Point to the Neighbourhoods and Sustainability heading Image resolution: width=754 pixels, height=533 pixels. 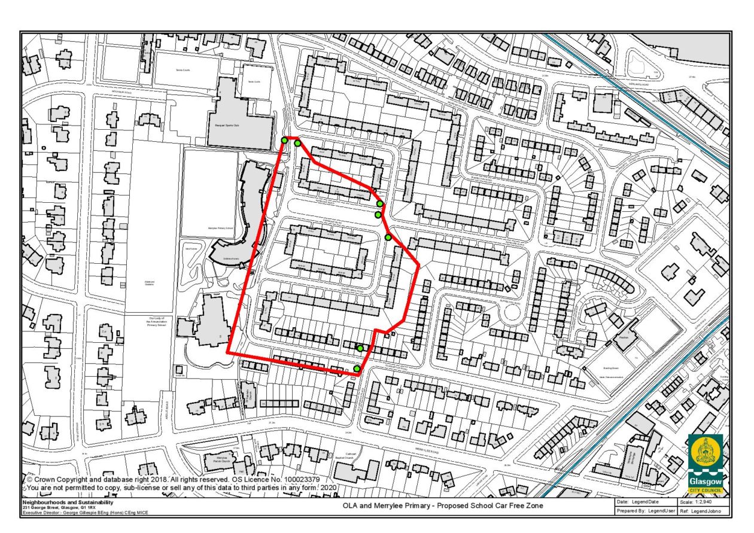point(68,502)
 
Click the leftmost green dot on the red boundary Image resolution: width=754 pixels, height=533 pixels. point(284,140)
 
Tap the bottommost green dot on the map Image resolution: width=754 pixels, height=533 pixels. point(357,368)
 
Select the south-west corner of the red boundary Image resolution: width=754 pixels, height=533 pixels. point(227,354)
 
